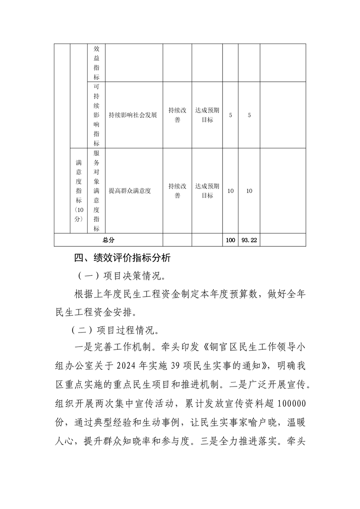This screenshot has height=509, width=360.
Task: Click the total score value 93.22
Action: point(249,240)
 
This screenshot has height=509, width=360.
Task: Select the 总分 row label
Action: point(108,240)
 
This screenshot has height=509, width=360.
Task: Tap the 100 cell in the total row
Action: point(231,240)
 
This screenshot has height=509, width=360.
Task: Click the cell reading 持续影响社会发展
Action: point(133,115)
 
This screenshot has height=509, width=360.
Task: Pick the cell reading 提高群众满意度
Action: point(129,191)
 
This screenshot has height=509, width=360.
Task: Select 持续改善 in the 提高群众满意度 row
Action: point(177,191)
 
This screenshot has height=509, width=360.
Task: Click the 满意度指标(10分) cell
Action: point(79,191)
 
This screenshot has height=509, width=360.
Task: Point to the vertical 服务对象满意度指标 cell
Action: point(96,191)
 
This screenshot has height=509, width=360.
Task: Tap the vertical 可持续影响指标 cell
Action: point(96,115)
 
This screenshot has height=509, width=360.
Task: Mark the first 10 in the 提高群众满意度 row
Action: point(231,191)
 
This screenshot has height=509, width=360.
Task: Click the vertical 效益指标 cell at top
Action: point(96,63)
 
